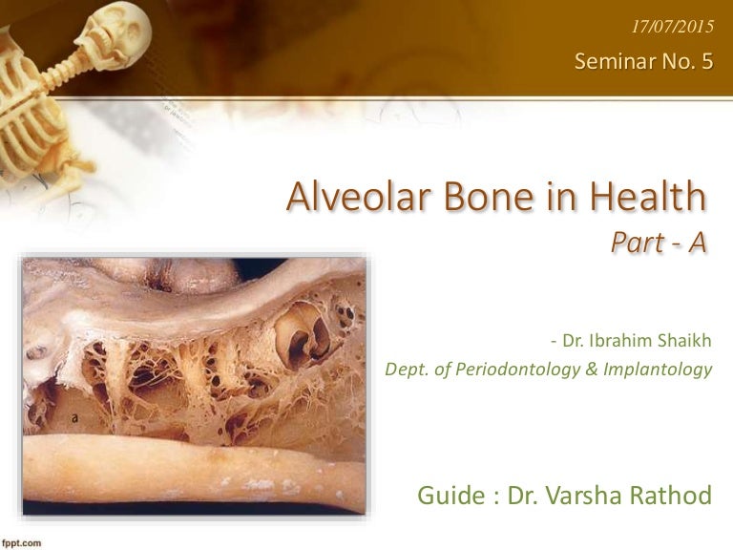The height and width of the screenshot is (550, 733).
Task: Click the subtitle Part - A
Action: pos(659,243)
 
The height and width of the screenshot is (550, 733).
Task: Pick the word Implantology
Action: pos(661,369)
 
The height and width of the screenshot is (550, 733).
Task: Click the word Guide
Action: pos(450,496)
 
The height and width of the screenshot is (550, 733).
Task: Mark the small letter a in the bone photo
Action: pos(74,417)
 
